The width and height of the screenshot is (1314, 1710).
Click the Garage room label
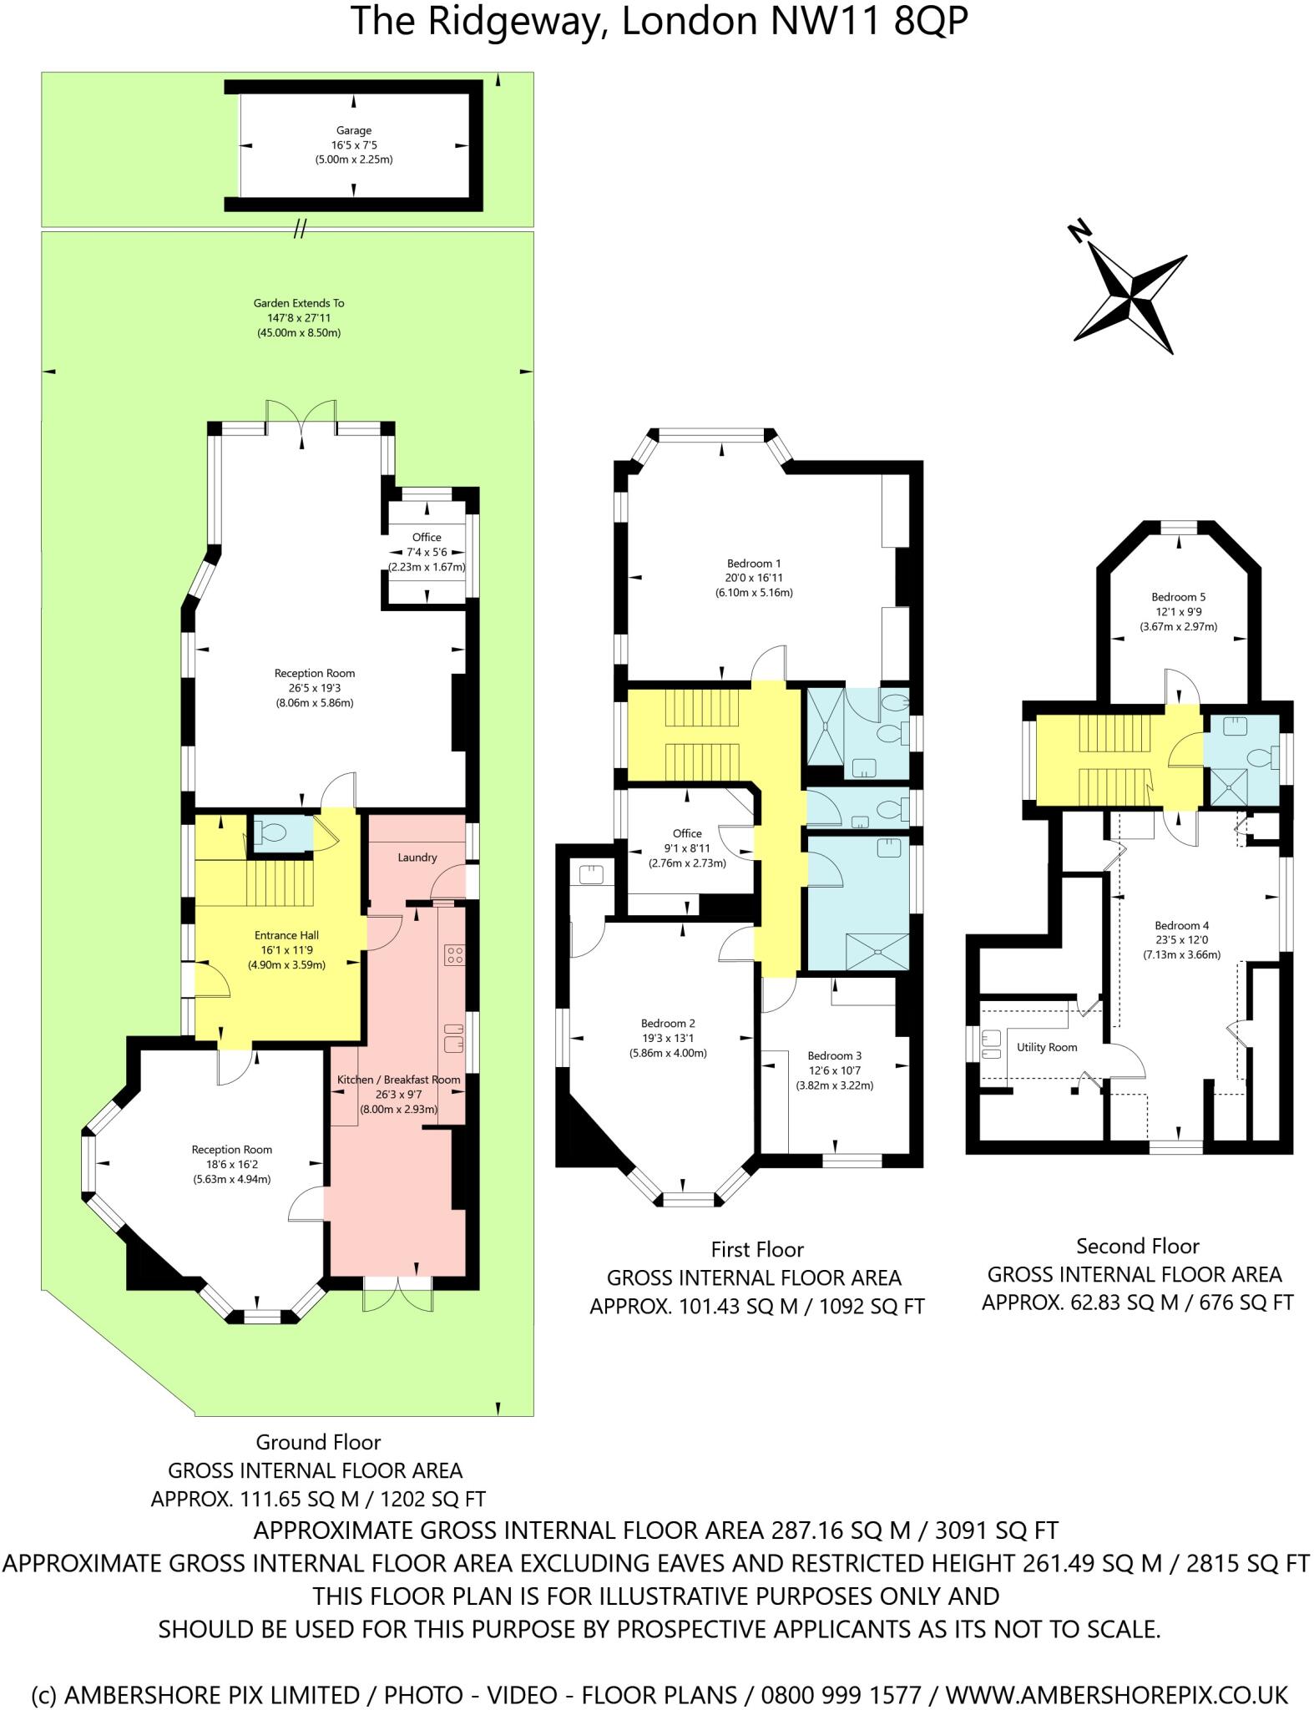point(354,130)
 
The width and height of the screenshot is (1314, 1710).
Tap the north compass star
point(1130,296)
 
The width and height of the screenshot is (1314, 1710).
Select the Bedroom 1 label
point(753,564)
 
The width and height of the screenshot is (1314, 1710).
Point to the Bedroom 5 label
point(1178,597)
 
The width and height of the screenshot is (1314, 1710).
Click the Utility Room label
point(1046,1047)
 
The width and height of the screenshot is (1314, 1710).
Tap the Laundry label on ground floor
point(417,858)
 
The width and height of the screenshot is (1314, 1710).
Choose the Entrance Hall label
point(286,935)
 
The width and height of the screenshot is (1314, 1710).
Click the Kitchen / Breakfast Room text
point(398,1080)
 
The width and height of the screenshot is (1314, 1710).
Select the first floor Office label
point(687,833)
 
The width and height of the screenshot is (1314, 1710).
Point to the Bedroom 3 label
point(835,1055)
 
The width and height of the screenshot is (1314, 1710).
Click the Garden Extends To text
point(299,303)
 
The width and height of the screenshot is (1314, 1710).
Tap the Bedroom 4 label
point(1181,925)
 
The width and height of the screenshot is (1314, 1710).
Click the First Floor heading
point(757,1250)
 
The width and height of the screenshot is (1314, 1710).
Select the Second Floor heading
point(1137,1247)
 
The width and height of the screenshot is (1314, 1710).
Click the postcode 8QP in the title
point(930,23)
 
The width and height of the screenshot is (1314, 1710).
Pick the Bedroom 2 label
point(668,1024)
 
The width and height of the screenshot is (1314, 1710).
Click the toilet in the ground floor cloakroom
point(271,832)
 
